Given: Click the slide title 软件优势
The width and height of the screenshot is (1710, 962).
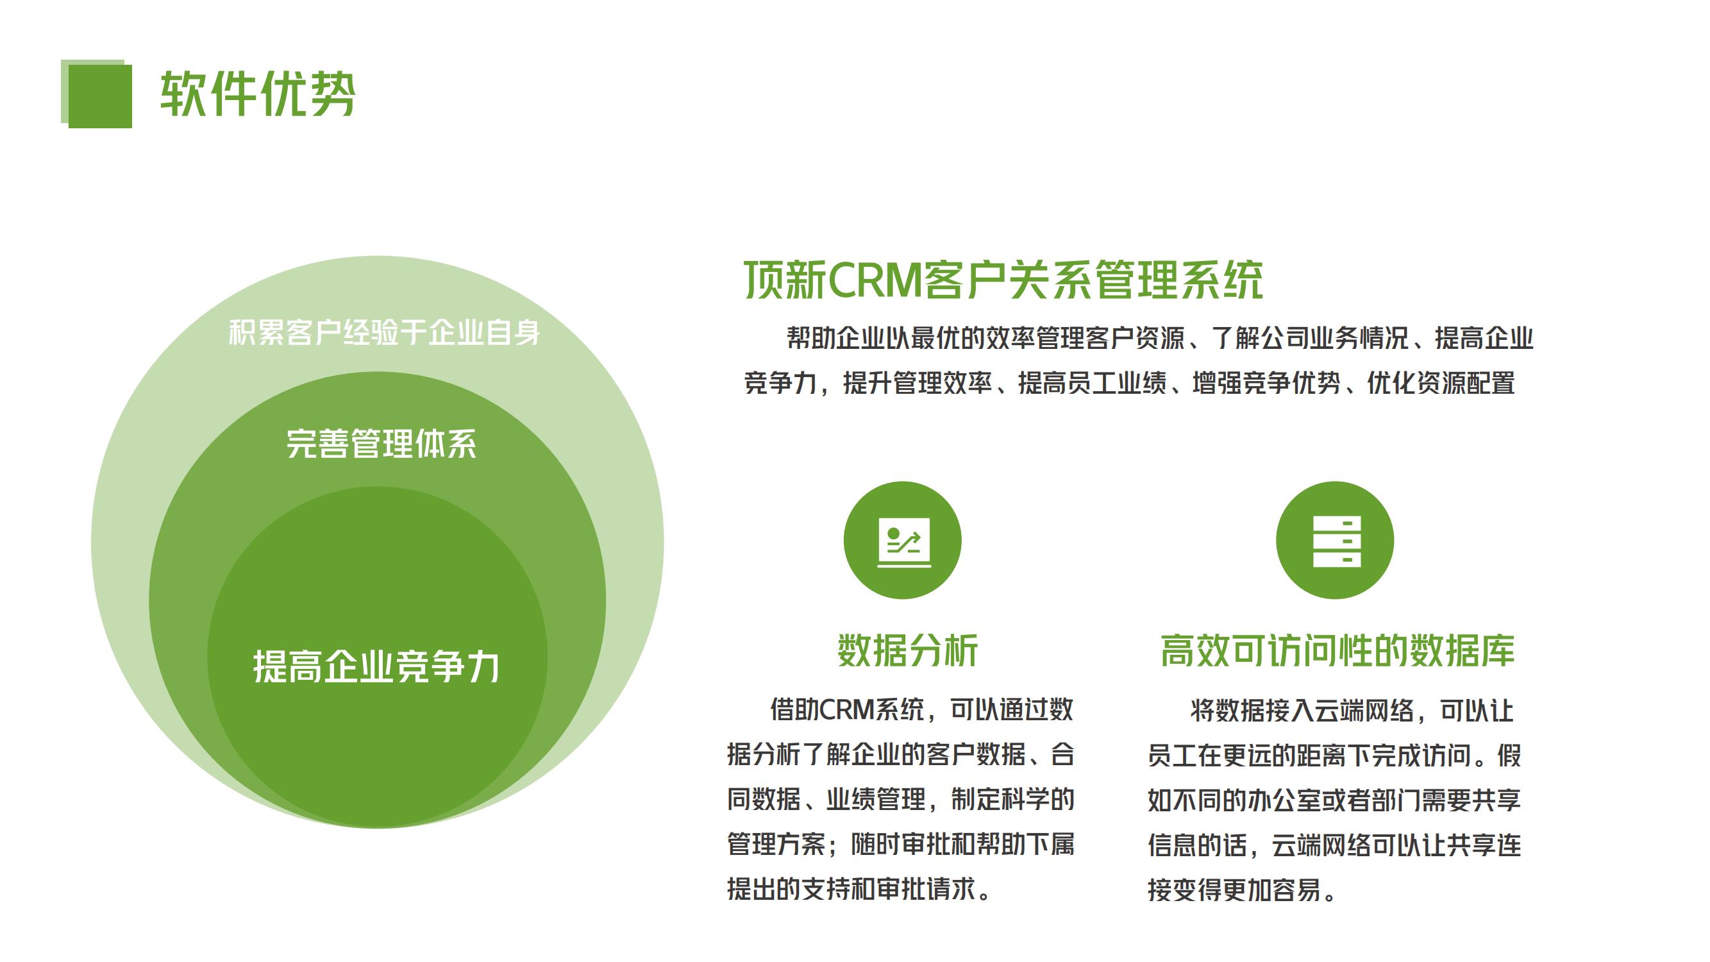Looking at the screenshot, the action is pos(258,94).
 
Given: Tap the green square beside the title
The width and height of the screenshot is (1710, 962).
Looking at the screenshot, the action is pos(97,94).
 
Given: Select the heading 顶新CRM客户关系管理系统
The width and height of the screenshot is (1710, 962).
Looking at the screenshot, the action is pos(1003,280).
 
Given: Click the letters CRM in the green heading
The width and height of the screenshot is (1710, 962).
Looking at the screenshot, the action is pos(875,280).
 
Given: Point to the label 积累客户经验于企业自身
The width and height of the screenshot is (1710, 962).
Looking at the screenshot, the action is pos(384,333).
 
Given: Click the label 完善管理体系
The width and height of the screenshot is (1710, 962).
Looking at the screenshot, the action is pos(381,444).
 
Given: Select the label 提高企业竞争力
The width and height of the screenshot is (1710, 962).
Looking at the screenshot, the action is pos(376,666).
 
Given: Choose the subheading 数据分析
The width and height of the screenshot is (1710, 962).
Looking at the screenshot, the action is pos(907,650).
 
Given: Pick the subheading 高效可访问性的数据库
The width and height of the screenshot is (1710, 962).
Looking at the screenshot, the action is pos(1337,650).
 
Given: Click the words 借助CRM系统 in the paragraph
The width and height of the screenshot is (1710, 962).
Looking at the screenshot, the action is pos(846,710).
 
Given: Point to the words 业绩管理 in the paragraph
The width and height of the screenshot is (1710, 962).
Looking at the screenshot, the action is pos(876,799).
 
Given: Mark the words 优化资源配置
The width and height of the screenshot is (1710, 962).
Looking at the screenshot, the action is pos(1441,383).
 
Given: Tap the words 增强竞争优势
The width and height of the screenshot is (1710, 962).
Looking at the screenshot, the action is pos(1266,383).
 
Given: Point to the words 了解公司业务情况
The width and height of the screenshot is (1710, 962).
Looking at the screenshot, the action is pos(1310,338).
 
